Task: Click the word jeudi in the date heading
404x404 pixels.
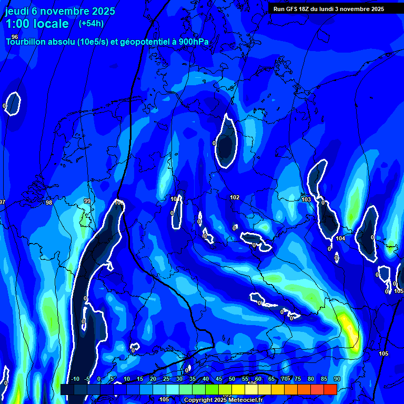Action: pos(17,11)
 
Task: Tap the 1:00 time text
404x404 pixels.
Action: pos(18,24)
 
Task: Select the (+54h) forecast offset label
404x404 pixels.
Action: pos(91,23)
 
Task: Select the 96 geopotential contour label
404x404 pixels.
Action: pos(15,37)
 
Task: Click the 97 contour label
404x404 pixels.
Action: pos(2,203)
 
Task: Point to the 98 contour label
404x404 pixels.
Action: pos(49,203)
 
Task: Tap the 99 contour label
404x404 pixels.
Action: pos(87,201)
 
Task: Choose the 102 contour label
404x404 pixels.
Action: pos(235,197)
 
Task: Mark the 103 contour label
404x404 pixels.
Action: pos(306,199)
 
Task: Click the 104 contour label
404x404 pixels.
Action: pos(340,238)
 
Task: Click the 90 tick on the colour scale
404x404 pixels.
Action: pos(337,379)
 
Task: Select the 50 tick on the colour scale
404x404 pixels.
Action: pos(232,379)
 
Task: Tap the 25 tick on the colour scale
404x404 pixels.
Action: pos(166,379)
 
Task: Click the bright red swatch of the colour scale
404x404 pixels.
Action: pos(330,389)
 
